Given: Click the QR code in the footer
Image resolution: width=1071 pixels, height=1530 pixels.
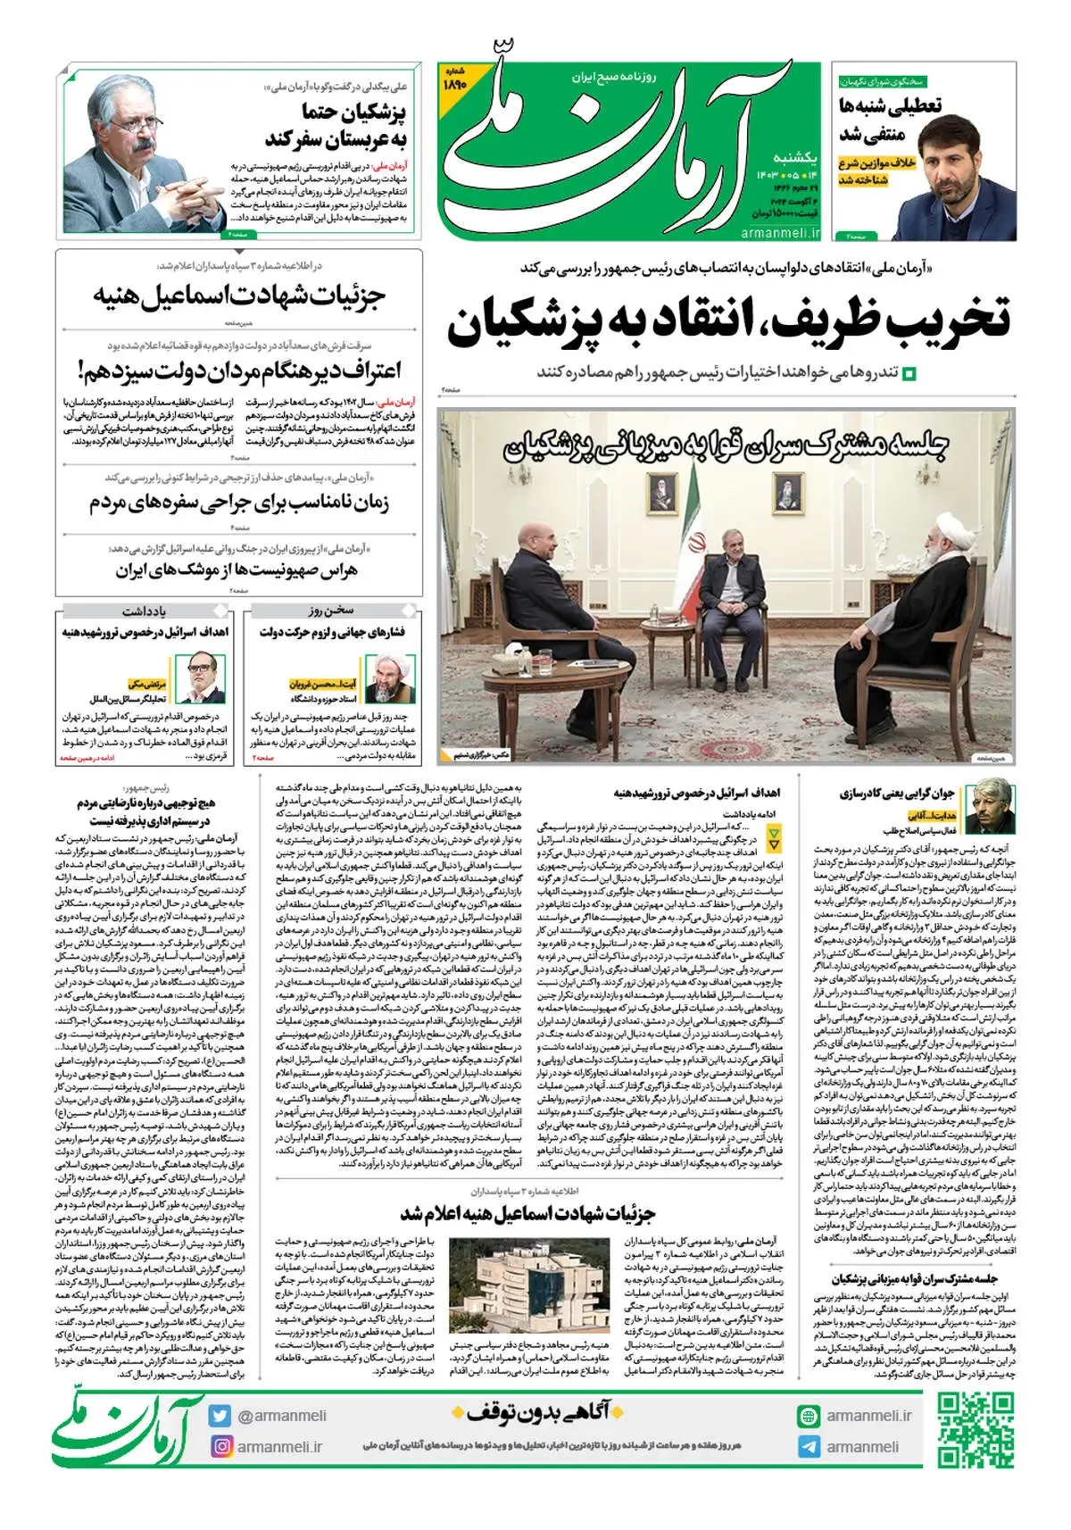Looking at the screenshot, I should tap(976, 1431).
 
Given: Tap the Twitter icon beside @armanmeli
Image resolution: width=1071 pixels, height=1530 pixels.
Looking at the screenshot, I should tap(220, 1416).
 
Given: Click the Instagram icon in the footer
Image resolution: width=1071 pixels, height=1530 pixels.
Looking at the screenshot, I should tap(220, 1446).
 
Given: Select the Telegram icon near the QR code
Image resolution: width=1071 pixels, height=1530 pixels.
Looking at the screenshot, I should tap(809, 1447).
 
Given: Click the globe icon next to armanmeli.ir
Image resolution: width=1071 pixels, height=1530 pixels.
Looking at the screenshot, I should tap(809, 1416).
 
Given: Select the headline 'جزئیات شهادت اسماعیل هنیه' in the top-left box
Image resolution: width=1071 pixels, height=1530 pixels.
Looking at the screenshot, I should tap(239, 295).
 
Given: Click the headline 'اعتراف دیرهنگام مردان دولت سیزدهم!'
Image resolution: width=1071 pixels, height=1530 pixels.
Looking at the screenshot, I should tap(239, 370).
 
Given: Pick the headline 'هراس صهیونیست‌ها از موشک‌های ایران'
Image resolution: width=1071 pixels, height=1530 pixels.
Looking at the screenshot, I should tap(237, 570).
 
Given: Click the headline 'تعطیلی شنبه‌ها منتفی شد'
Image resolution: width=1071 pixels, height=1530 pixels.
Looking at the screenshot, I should tap(888, 119).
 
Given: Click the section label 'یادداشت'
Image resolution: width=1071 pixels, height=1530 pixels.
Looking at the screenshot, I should tap(145, 611).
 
